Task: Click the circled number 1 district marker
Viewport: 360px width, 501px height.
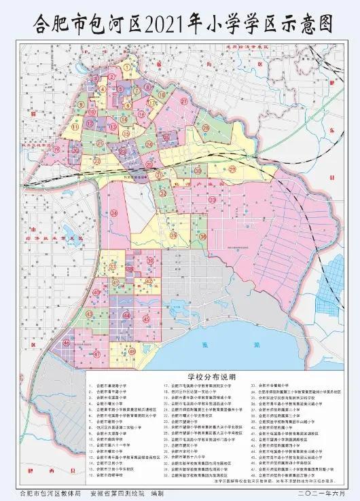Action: [x=128, y=67]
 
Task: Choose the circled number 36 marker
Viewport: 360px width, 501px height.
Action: [x=202, y=237]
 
